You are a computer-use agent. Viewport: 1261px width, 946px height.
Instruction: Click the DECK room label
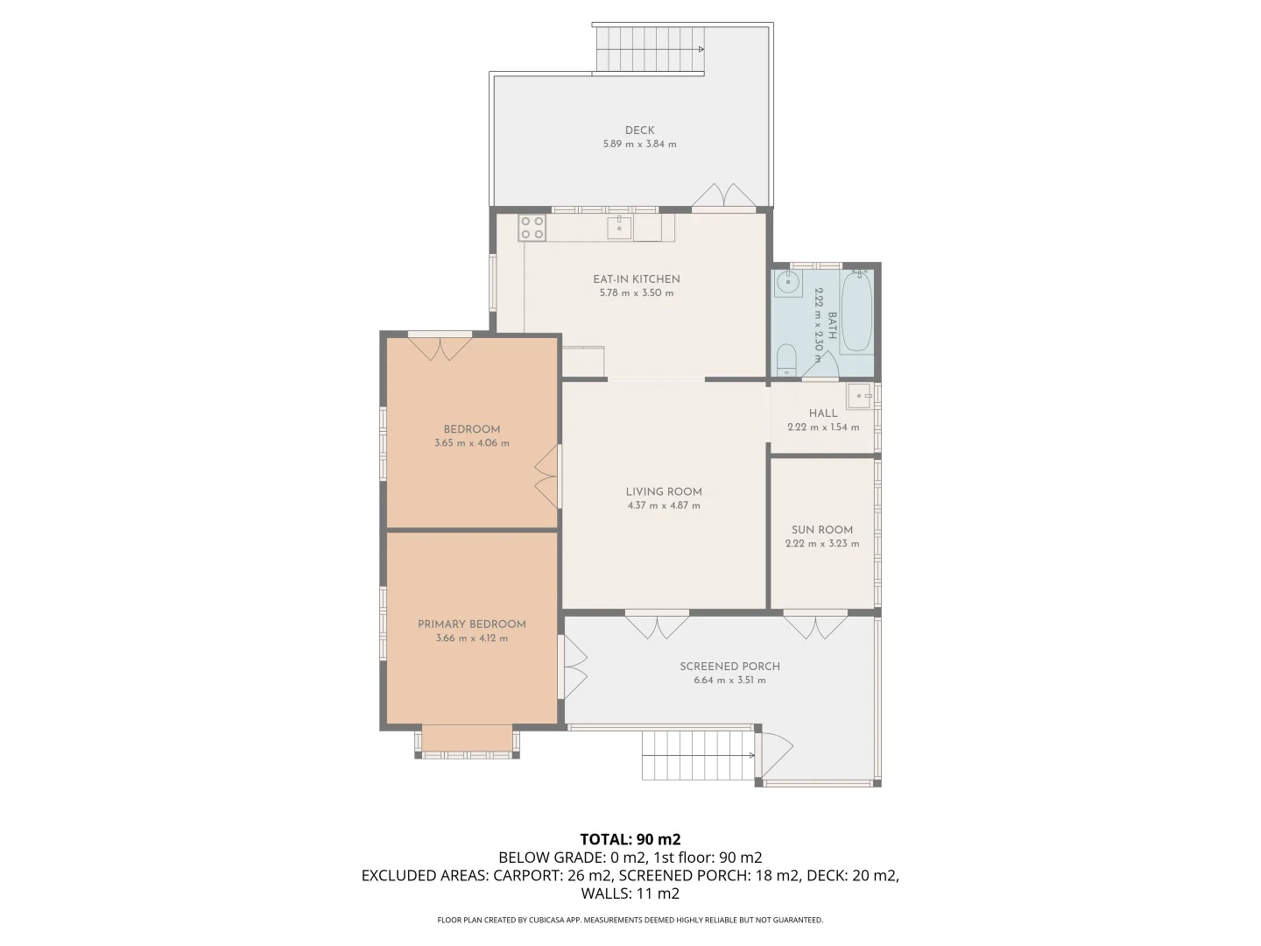click(639, 131)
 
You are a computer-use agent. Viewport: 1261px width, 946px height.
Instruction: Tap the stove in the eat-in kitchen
click(532, 228)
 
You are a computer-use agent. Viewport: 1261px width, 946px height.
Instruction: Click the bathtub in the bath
click(856, 311)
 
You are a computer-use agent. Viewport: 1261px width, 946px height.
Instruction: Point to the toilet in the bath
click(785, 360)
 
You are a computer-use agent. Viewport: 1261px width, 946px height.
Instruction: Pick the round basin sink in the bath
click(788, 282)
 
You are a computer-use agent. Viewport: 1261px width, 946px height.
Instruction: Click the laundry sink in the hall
click(859, 396)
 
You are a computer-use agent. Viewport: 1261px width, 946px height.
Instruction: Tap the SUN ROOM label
click(821, 530)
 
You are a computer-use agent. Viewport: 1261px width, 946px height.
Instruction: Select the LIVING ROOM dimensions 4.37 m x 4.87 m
click(663, 505)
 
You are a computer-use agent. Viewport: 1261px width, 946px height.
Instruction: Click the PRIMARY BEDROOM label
click(471, 625)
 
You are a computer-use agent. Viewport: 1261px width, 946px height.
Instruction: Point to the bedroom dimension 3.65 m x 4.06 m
click(471, 443)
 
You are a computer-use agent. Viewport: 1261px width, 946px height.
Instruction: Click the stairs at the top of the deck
click(650, 50)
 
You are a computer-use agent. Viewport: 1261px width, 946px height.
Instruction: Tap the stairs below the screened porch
click(698, 755)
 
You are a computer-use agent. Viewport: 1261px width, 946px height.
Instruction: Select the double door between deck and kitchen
click(724, 196)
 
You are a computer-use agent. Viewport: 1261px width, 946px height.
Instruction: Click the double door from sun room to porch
click(815, 626)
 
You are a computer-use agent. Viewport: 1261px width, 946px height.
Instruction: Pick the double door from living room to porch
click(657, 625)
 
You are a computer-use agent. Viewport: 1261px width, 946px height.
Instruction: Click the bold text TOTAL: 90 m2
click(630, 838)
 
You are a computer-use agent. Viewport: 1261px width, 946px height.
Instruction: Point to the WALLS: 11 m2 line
click(630, 893)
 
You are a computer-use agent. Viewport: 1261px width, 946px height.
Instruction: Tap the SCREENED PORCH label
click(729, 667)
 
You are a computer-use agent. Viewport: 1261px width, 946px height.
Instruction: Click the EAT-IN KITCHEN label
click(636, 279)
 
